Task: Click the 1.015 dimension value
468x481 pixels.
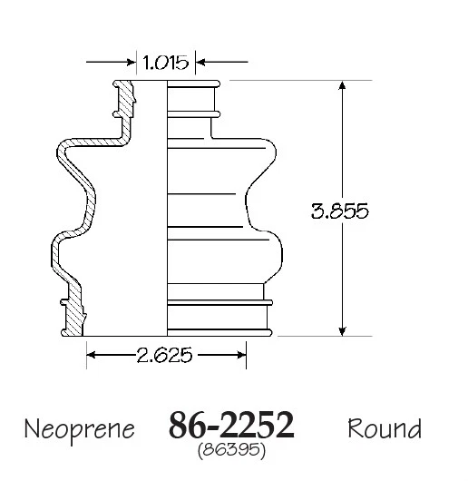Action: [165, 63]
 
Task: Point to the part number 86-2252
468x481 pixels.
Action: [232, 425]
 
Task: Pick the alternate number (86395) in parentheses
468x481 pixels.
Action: [231, 447]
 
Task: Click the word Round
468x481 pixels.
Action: [385, 427]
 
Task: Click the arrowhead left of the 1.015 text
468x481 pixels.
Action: [128, 63]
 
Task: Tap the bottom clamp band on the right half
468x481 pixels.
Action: [218, 319]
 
